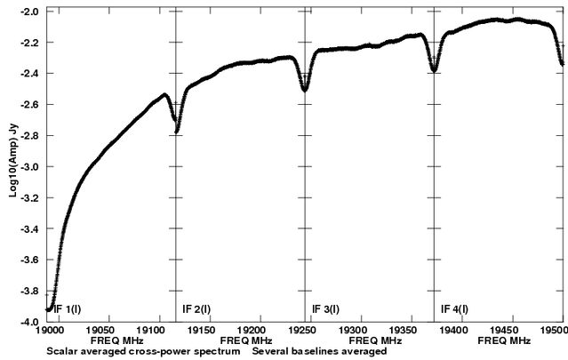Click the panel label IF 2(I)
[197, 309]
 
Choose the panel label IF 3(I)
[327, 309]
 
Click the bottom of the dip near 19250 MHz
[305, 89]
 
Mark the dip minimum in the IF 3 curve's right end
[433, 69]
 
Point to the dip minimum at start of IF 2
[177, 131]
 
